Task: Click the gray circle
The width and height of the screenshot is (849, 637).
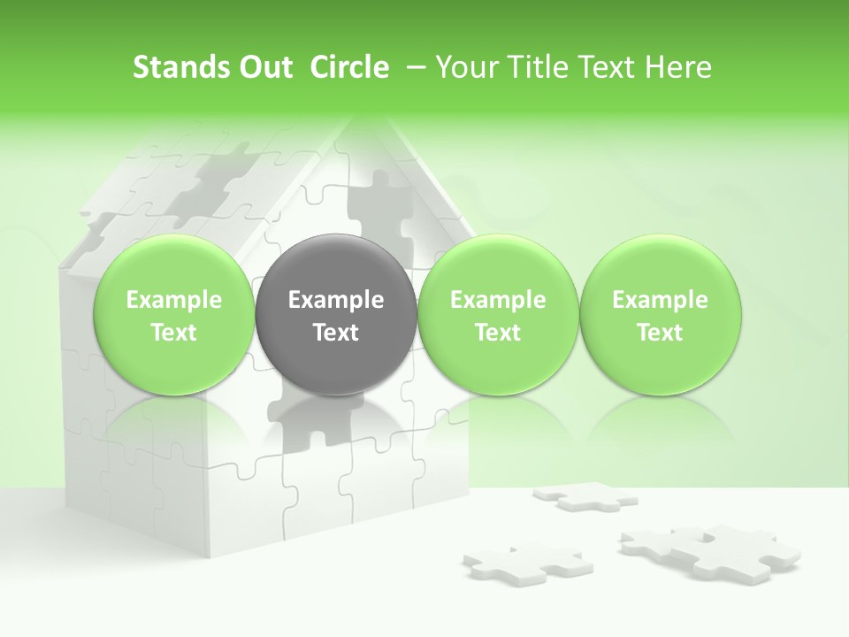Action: (336, 315)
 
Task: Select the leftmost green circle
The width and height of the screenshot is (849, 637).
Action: (174, 315)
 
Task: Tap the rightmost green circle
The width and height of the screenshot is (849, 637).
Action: (660, 315)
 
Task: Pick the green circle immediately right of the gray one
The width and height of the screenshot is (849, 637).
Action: (498, 315)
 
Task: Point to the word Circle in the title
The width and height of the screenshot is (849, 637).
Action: (349, 67)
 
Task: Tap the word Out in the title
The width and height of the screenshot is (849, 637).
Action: (263, 67)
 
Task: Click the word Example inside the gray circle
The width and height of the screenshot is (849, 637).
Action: (336, 300)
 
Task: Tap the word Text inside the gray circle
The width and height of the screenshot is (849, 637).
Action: (336, 333)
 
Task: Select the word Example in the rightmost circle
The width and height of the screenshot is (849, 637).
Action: (660, 300)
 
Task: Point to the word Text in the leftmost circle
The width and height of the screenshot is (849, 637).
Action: (174, 333)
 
